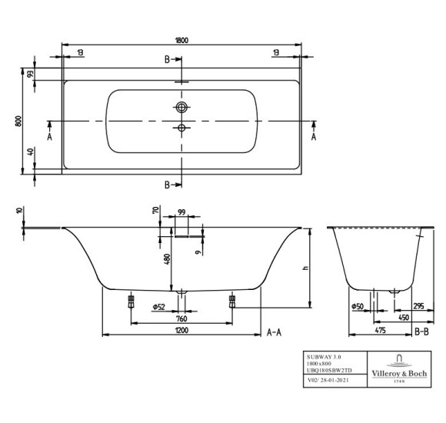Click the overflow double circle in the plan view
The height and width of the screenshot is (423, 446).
tap(181, 107)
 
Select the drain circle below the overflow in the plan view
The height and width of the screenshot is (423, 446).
tap(181, 128)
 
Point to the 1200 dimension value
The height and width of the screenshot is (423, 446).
tap(181, 331)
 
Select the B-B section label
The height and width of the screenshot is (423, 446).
tap(421, 331)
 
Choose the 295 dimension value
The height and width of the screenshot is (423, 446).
tap(418, 307)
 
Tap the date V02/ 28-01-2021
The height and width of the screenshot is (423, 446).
tap(328, 379)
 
